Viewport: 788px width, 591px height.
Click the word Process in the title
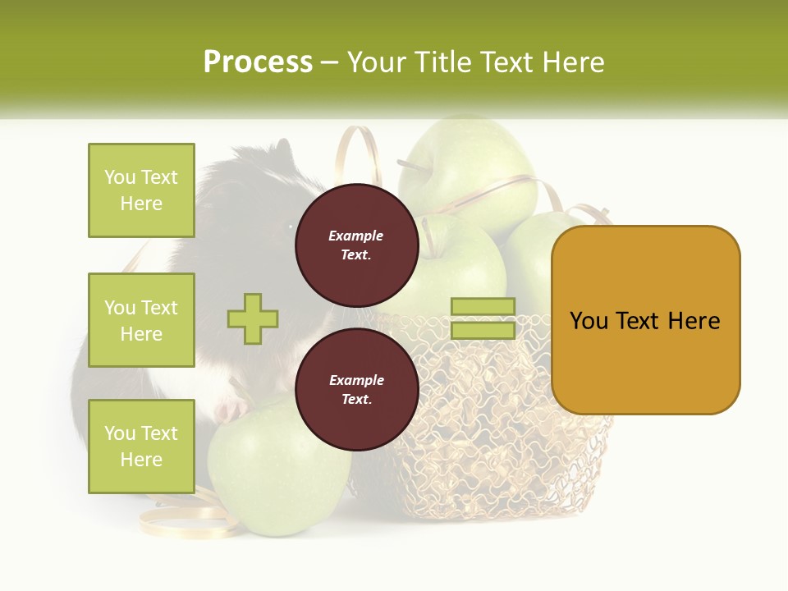(x=258, y=62)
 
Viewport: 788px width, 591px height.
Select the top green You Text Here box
(x=141, y=190)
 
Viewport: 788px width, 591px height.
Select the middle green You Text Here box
(x=141, y=320)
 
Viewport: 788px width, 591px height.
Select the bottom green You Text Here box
(x=141, y=446)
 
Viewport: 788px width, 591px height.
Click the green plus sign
(x=253, y=318)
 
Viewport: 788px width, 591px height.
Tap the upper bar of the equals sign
(x=483, y=307)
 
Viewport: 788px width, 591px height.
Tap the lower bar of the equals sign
(x=483, y=330)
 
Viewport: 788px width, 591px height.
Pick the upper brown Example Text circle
(x=356, y=245)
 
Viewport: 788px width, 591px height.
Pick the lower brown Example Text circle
(x=356, y=389)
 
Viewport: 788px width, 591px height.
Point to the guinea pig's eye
(x=290, y=226)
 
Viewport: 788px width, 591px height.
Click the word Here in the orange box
(x=694, y=321)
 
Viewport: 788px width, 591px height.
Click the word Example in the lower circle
(x=356, y=380)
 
